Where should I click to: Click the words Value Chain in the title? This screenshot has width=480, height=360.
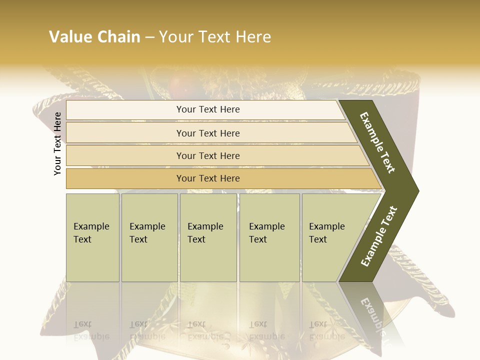pyautogui.click(x=94, y=37)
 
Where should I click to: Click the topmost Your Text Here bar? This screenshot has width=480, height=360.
pyautogui.click(x=208, y=109)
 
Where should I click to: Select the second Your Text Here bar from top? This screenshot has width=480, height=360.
pyautogui.click(x=208, y=133)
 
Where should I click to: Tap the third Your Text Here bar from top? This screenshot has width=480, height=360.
pyautogui.click(x=208, y=155)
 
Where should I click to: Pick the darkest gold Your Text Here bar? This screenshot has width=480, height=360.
pyautogui.click(x=208, y=178)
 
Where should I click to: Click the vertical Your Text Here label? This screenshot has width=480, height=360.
pyautogui.click(x=57, y=143)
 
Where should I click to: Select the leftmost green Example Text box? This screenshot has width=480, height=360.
pyautogui.click(x=92, y=237)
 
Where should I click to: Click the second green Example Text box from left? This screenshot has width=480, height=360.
pyautogui.click(x=149, y=237)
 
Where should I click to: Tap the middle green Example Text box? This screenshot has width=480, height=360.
pyautogui.click(x=208, y=237)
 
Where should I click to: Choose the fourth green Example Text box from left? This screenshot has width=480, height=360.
pyautogui.click(x=269, y=237)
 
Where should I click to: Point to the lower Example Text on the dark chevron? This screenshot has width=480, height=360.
pyautogui.click(x=378, y=236)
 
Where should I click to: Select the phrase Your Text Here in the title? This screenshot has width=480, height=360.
pyautogui.click(x=215, y=37)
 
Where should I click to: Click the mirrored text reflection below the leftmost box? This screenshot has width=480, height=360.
pyautogui.click(x=91, y=330)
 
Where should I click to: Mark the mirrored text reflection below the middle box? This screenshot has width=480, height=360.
pyautogui.click(x=205, y=330)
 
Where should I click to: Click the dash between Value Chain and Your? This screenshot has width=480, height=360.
pyautogui.click(x=149, y=37)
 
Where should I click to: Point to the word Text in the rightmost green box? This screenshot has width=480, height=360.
pyautogui.click(x=318, y=239)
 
